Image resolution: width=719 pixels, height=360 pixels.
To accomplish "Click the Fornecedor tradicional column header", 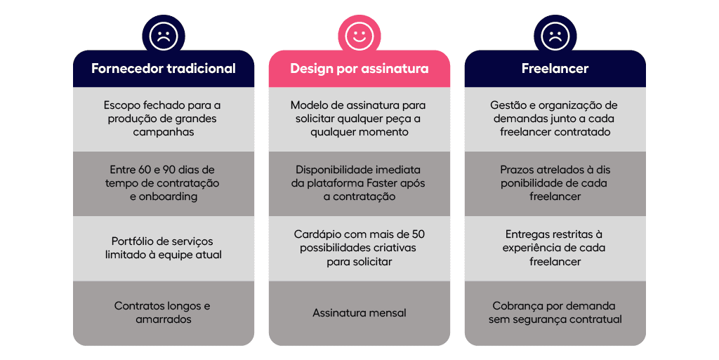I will click(x=164, y=69).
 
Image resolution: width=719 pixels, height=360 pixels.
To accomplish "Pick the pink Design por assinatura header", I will click(x=359, y=69).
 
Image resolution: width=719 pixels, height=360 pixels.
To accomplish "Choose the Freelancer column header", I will click(x=555, y=69).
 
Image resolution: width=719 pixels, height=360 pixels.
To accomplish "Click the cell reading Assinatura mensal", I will click(x=359, y=313).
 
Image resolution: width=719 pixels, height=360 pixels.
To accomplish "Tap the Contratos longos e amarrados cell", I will click(x=163, y=313).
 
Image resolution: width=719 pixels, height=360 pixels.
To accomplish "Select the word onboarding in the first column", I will click(x=171, y=196).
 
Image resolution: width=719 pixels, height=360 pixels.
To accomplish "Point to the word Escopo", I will click(x=121, y=105).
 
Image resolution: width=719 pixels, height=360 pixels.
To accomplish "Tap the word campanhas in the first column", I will click(x=163, y=132).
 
